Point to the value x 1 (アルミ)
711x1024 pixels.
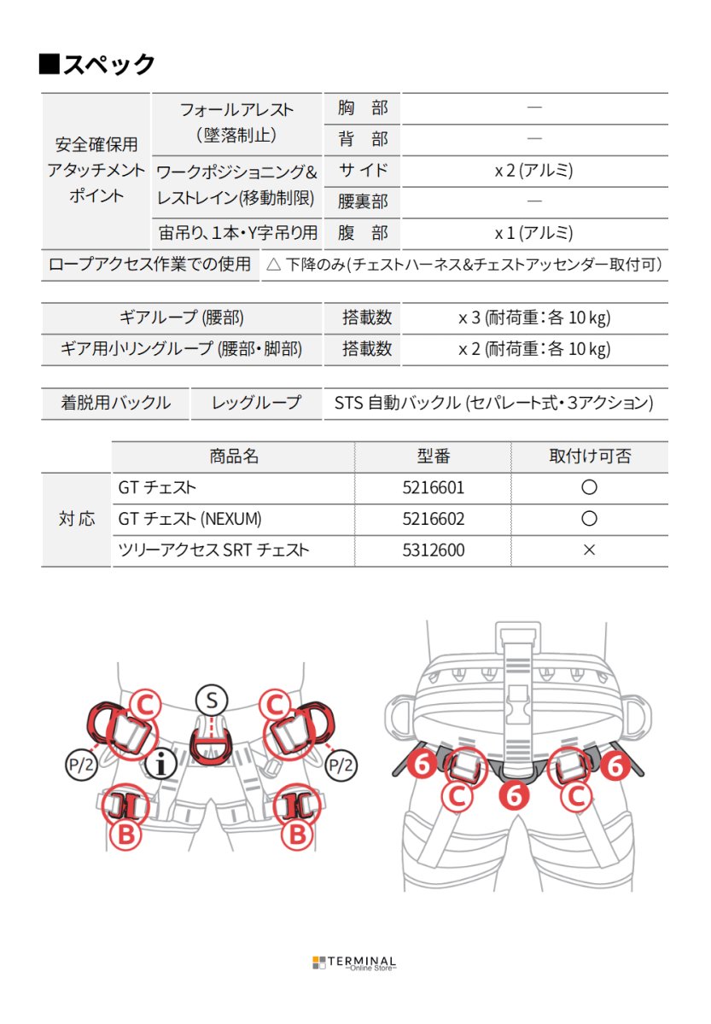[533, 233]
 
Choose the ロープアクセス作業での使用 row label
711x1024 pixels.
[150, 265]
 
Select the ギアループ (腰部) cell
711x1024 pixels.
[182, 317]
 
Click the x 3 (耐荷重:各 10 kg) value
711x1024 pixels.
[533, 317]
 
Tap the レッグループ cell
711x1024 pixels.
[257, 403]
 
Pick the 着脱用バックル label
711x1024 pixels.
[115, 403]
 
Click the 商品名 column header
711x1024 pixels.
[233, 457]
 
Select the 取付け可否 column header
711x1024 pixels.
[590, 457]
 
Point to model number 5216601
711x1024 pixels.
[434, 488]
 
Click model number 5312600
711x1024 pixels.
[434, 550]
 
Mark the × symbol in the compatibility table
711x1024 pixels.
[589, 550]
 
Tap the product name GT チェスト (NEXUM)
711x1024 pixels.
[190, 519]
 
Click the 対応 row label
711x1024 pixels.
[77, 519]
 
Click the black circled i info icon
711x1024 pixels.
[160, 765]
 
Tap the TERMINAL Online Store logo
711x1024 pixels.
[354, 963]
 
